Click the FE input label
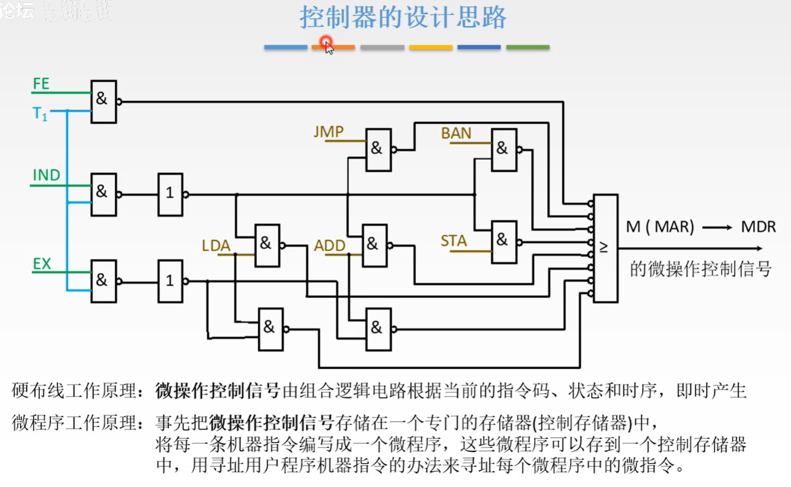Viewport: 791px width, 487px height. coord(41,84)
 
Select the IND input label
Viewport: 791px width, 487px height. coord(46,175)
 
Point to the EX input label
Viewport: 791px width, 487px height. coord(42,264)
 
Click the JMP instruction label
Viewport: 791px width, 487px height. coord(329,131)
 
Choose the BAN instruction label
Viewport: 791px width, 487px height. coord(456,133)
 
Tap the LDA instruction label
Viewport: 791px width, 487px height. coord(216,245)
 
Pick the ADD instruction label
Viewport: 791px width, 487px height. coord(330,245)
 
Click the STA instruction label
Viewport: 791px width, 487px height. coord(453,241)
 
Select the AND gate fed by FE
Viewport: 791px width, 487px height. coord(103,102)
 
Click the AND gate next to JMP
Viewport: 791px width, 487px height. coord(379,150)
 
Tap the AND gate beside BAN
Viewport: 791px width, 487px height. coord(504,150)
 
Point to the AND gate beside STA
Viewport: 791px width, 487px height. coord(504,242)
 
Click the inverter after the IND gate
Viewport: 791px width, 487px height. coord(170,194)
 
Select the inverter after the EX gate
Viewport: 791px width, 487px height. coord(170,281)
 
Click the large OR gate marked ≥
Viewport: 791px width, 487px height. coord(605,248)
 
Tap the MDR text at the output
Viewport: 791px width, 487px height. coord(758,226)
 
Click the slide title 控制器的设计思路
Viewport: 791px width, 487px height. coord(403,18)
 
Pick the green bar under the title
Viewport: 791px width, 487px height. coord(528,47)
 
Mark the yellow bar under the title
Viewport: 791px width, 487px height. coord(430,47)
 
